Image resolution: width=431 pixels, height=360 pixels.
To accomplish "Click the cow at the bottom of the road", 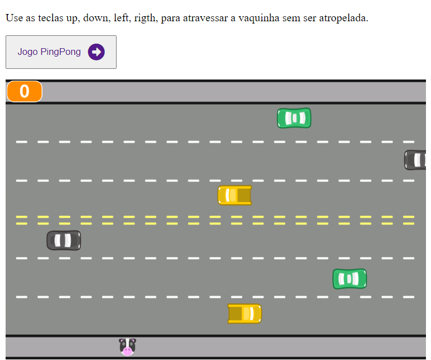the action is [127, 347].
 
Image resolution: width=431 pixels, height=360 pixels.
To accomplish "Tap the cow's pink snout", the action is [127, 351].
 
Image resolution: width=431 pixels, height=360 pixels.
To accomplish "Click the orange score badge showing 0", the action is [25, 91].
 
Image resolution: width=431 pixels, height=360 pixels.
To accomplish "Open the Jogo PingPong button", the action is [61, 52].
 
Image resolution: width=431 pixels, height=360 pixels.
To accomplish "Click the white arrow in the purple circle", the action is [96, 52].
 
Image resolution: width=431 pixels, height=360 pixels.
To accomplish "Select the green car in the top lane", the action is [294, 118].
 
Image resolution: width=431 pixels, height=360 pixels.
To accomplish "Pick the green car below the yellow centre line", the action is [349, 279].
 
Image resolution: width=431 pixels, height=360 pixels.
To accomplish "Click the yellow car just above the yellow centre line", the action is [235, 195].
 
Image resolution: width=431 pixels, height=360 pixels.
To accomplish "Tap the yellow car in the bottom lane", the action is [244, 314].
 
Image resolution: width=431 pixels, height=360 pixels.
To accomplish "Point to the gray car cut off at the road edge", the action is [416, 160].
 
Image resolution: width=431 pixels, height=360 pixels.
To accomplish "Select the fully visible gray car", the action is [63, 241].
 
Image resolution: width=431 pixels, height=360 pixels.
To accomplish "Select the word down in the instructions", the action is [94, 18].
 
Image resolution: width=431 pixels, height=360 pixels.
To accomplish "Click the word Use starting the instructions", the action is [14, 18].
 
